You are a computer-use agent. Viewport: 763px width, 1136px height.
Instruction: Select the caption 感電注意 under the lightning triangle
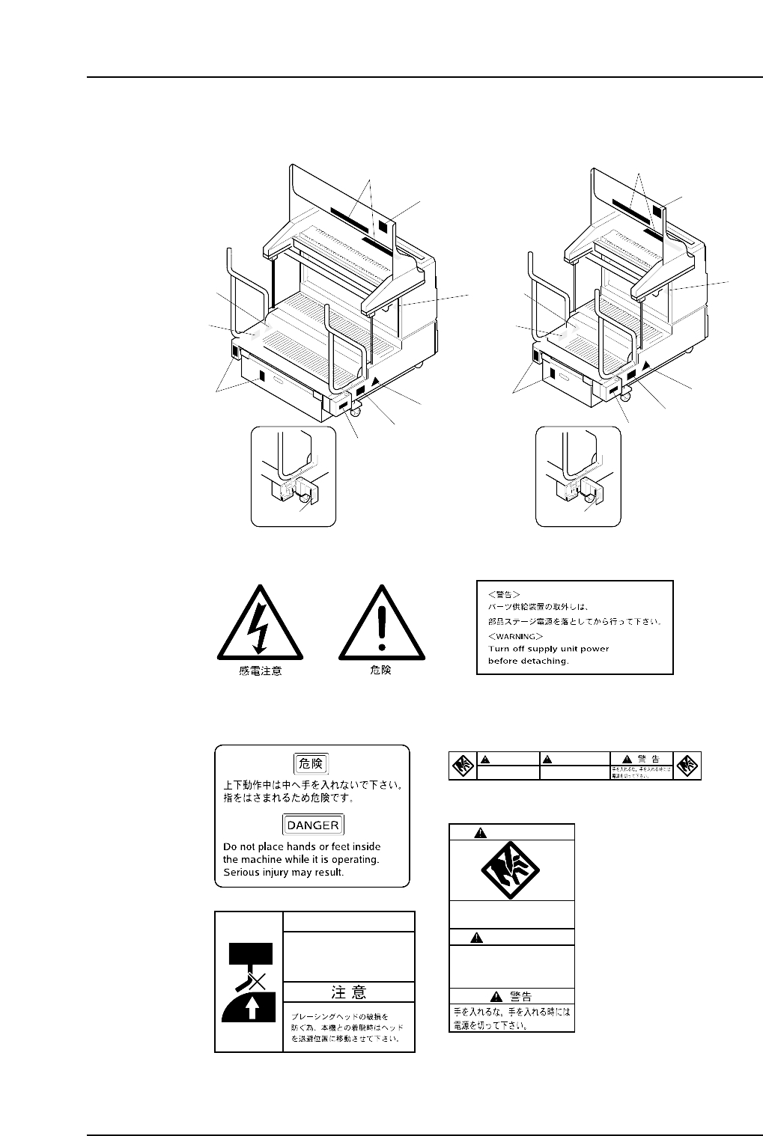click(260, 671)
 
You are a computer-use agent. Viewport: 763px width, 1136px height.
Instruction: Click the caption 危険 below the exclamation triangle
click(381, 671)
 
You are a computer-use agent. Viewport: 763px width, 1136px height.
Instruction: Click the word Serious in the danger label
click(241, 873)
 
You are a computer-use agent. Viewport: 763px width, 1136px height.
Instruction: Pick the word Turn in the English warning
click(499, 649)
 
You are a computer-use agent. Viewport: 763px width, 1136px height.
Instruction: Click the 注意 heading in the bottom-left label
click(349, 992)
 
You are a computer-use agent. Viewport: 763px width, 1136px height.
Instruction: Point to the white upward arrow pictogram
click(252, 1010)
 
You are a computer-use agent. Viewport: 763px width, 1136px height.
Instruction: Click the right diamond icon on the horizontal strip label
click(687, 765)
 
